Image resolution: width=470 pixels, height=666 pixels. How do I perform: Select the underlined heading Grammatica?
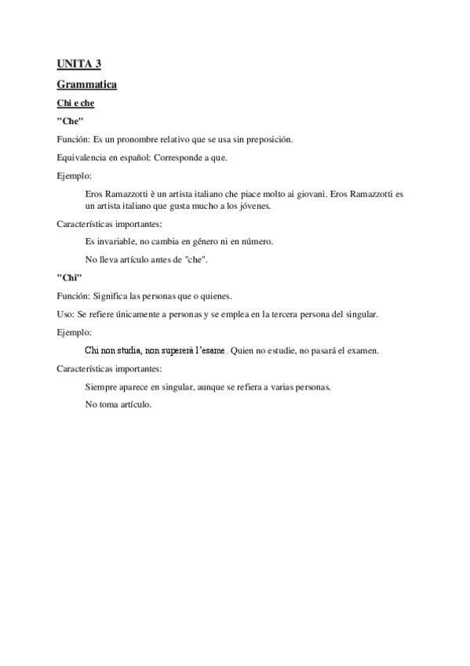click(87, 84)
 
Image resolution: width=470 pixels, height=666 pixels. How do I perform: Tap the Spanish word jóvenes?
click(253, 206)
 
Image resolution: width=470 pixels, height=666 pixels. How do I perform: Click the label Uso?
click(65, 314)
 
